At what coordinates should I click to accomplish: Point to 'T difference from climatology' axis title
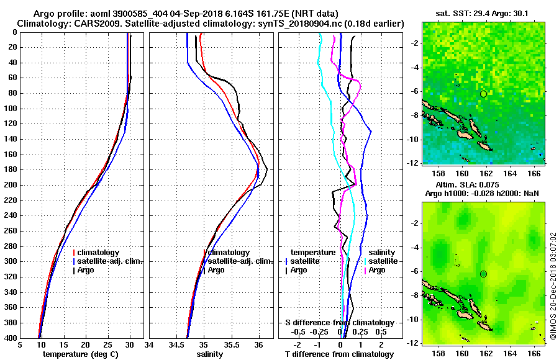339,354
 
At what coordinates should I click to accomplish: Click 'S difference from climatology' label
339,323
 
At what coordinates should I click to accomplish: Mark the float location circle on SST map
483,94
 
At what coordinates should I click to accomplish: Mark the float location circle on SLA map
483,274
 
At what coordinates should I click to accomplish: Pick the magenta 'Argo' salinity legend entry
377,270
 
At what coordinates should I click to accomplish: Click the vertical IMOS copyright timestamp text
552,286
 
